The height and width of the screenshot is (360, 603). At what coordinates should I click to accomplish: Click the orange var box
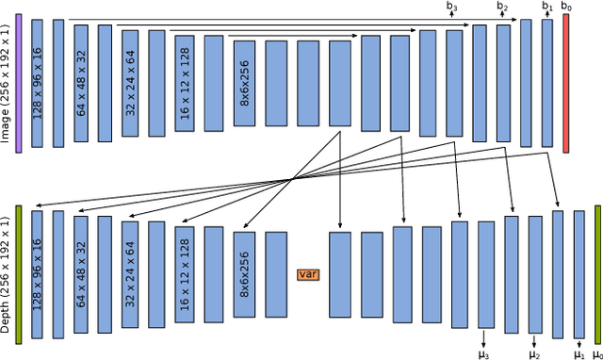click(x=306, y=274)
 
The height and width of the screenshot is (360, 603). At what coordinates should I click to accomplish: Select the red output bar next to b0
click(x=565, y=84)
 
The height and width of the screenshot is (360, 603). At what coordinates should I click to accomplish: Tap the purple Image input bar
click(x=18, y=84)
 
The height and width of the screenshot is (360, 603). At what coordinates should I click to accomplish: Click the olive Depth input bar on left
click(x=18, y=271)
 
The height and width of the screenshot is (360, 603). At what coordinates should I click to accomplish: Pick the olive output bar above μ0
click(x=597, y=271)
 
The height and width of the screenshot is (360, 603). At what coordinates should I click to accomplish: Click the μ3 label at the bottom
click(x=484, y=353)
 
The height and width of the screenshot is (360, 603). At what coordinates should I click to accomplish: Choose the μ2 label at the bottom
click(x=534, y=353)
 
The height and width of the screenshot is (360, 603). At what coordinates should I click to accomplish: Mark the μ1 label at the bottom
click(x=579, y=353)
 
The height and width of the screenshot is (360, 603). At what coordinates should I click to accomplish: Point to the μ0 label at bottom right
click(x=596, y=353)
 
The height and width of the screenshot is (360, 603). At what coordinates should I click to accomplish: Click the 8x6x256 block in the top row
click(x=244, y=84)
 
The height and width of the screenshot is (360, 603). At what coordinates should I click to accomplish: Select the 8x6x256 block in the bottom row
click(x=245, y=274)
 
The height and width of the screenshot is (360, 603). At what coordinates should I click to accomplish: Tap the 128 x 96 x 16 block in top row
click(x=38, y=84)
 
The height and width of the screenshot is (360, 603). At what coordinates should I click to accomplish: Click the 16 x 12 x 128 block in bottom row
click(x=184, y=274)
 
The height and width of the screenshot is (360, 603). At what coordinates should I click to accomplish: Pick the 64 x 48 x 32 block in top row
click(x=82, y=84)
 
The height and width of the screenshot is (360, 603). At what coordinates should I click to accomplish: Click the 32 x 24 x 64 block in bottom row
click(x=130, y=274)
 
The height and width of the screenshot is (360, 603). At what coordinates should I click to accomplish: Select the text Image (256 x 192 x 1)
click(x=6, y=84)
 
